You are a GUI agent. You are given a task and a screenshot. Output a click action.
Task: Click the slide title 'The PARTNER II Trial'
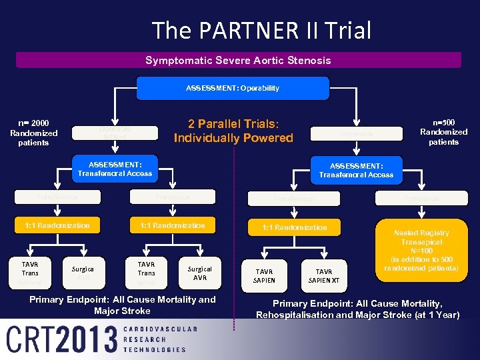[x=261, y=31]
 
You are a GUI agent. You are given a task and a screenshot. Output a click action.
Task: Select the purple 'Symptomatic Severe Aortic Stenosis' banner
[x=238, y=61]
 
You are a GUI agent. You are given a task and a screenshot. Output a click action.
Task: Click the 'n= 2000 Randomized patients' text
[x=34, y=133]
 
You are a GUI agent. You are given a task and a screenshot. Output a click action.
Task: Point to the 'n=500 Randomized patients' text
[x=443, y=132]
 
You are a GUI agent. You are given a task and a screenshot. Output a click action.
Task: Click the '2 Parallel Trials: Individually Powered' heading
[x=233, y=131]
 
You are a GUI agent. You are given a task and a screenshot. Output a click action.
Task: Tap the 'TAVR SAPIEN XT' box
[x=323, y=276]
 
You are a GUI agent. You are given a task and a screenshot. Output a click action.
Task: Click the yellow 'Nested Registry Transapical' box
[x=421, y=250]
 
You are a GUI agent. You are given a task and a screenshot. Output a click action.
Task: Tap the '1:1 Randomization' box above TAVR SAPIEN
[x=294, y=227]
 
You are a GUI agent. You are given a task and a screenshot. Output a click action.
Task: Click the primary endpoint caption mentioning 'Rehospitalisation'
[x=357, y=309]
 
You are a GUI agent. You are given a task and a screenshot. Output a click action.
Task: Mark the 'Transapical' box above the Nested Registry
[x=421, y=197]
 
